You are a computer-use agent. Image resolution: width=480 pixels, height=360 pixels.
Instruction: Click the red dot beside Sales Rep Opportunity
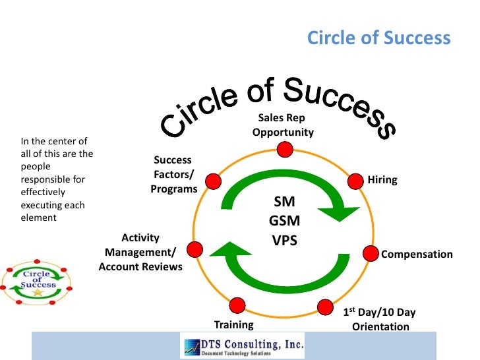click(x=284, y=150)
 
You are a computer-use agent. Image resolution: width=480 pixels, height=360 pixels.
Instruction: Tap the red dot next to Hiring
click(x=356, y=179)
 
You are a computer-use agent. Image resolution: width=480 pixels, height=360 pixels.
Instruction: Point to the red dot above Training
click(x=237, y=305)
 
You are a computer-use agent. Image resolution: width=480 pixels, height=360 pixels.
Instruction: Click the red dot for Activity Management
click(x=195, y=249)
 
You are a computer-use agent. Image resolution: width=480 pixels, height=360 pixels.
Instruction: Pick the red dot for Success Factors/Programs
click(x=212, y=181)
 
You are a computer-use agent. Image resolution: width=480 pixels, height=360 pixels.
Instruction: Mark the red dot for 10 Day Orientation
click(x=325, y=307)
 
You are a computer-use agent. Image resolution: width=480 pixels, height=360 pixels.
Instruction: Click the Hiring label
click(x=382, y=180)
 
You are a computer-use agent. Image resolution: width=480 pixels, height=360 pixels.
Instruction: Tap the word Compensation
click(x=417, y=255)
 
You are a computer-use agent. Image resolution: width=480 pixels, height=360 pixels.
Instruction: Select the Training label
click(x=234, y=324)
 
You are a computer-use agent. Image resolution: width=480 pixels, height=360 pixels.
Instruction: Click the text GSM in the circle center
click(x=285, y=222)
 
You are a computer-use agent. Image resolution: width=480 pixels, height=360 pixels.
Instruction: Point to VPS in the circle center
click(x=285, y=240)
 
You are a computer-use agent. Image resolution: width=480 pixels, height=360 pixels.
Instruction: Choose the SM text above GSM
click(x=285, y=202)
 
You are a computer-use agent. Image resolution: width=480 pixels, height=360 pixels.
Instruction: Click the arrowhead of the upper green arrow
click(x=344, y=212)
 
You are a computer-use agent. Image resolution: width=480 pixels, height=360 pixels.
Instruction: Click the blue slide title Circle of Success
click(x=378, y=38)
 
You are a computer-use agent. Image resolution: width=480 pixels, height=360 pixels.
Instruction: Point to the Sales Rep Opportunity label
click(x=282, y=125)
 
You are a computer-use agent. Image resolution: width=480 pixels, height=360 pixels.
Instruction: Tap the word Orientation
click(x=380, y=326)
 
